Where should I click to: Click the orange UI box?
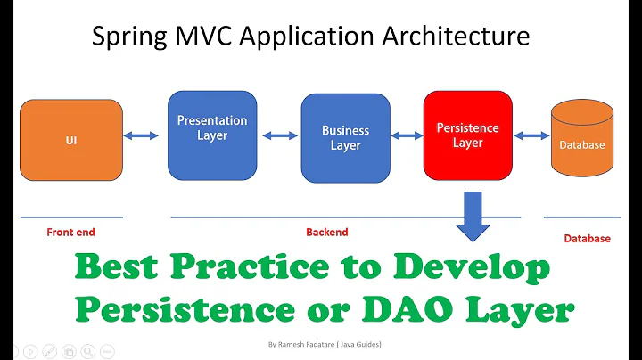[71, 141]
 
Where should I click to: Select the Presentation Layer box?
[212, 135]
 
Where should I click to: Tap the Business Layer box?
[345, 137]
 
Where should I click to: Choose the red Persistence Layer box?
[467, 135]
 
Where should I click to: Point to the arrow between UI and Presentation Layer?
[141, 135]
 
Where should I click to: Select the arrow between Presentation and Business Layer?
[279, 136]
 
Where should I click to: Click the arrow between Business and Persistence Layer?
[407, 135]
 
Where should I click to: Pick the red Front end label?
[70, 233]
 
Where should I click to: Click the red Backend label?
[327, 233]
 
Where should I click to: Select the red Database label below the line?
[587, 239]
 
